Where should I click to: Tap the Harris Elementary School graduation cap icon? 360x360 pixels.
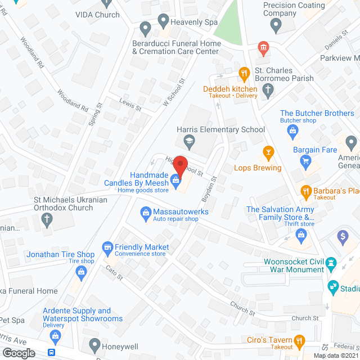coord(190,141)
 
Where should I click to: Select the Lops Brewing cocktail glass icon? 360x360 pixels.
coord(268,152)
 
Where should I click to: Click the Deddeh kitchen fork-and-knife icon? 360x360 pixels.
coord(244,73)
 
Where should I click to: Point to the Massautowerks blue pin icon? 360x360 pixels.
coord(145,211)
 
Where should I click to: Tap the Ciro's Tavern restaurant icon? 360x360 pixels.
coord(300,340)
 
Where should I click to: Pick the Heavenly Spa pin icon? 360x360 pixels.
coord(164,22)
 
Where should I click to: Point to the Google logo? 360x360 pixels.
coord(19,353)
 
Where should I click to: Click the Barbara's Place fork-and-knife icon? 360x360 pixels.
coord(307,191)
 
